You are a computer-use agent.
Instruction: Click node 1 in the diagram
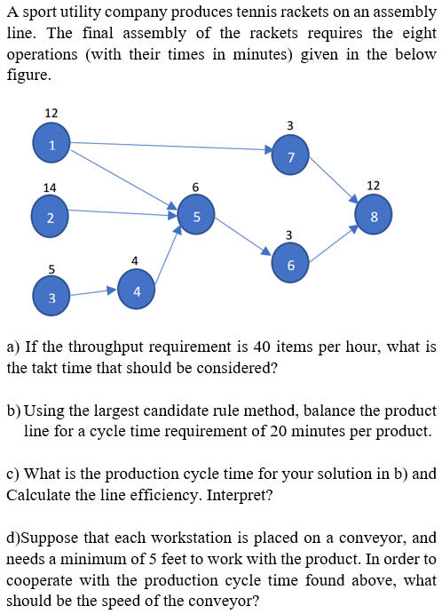tap(51, 142)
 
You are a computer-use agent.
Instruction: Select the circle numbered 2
tap(50, 218)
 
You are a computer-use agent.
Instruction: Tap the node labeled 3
tap(51, 297)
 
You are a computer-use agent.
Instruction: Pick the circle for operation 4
tap(136, 290)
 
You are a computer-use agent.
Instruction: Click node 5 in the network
tap(196, 215)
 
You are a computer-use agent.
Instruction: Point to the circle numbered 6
tap(290, 264)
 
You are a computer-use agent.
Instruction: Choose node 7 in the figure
tap(290, 155)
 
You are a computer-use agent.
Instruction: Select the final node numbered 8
tap(374, 215)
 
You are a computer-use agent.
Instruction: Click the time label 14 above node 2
tap(50, 188)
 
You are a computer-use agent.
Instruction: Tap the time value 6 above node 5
tap(195, 187)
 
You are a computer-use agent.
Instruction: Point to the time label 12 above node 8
tap(374, 186)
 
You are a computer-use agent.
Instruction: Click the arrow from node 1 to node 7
tap(171, 146)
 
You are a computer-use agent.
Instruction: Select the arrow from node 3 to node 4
tap(94, 292)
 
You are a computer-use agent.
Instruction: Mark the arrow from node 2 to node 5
tap(123, 212)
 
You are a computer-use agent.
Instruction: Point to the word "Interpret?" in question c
tap(239, 495)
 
